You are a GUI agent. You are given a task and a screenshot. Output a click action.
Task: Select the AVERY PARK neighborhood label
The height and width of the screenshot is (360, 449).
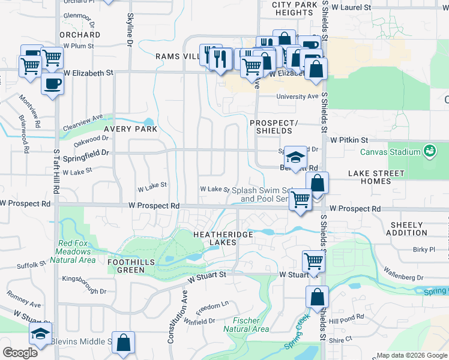(130, 129)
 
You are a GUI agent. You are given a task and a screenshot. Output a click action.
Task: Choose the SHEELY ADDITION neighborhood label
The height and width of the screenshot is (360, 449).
(408, 229)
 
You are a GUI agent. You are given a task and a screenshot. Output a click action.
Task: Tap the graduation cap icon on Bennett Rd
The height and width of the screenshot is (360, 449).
(295, 158)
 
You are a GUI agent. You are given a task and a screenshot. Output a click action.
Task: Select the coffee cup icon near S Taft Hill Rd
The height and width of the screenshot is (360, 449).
(52, 84)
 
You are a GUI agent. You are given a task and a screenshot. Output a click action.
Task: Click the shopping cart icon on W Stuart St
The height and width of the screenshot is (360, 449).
(313, 261)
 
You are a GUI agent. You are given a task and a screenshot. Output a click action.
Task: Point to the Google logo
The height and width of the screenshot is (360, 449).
(20, 353)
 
